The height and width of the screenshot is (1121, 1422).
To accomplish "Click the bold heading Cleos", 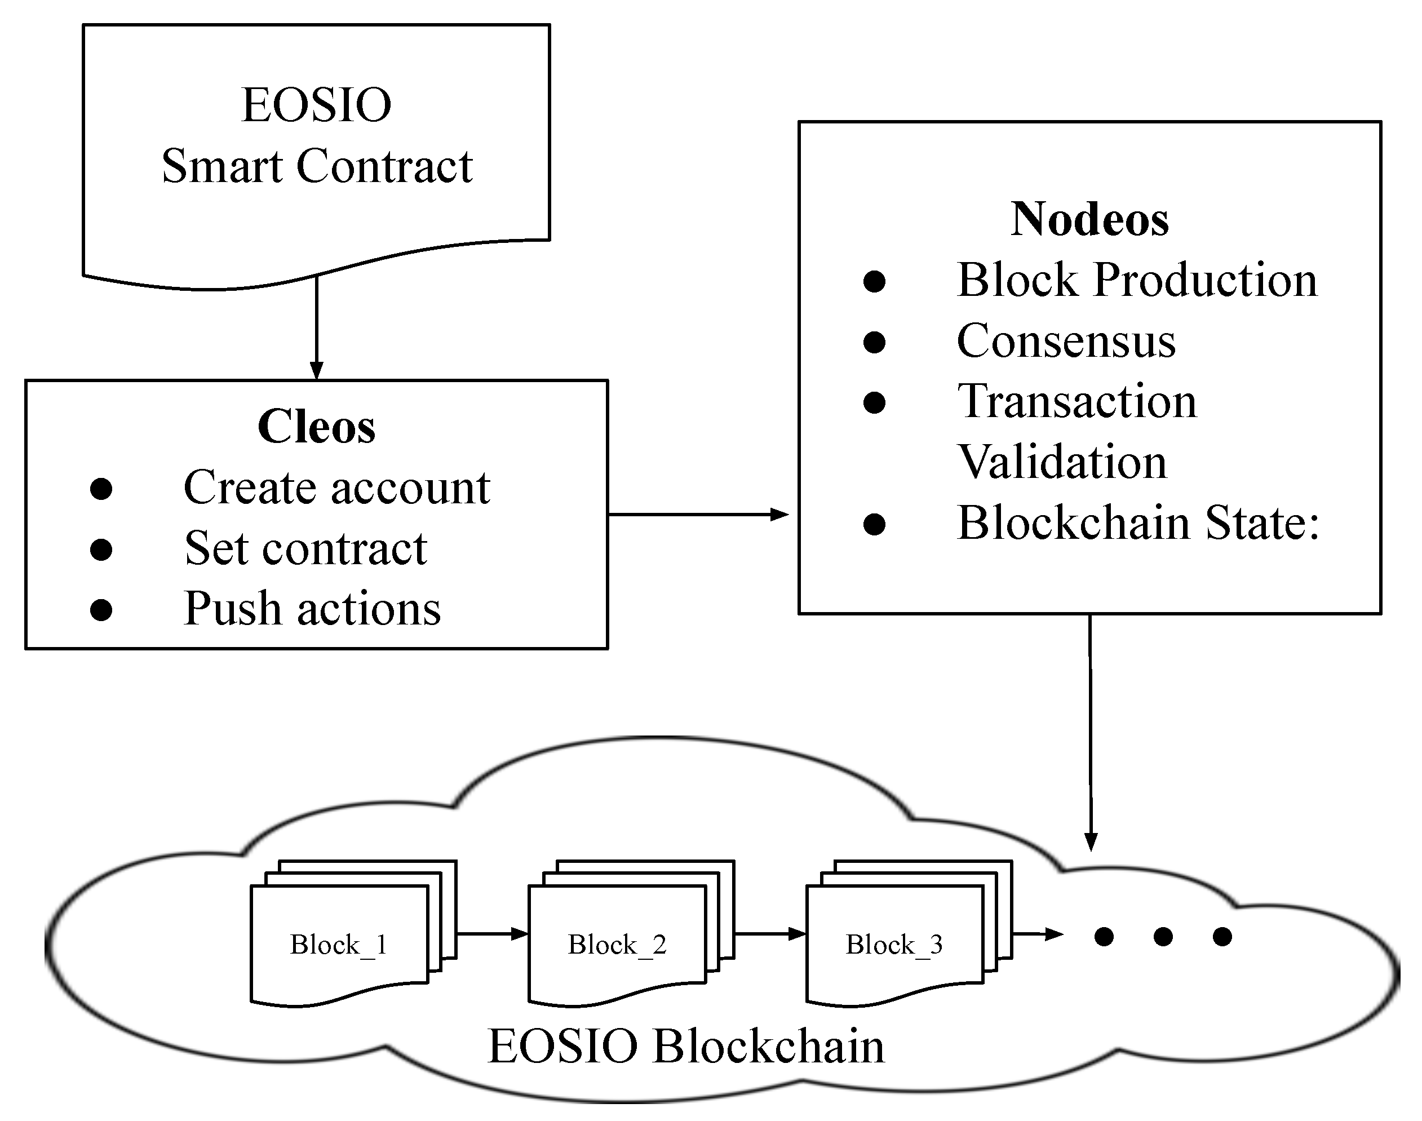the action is coord(316,427).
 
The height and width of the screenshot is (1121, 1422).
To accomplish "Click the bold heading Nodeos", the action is coord(1089,219).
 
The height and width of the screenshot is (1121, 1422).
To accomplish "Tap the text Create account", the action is coord(336,488).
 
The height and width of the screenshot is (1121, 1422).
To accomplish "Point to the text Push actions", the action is coord(312,609).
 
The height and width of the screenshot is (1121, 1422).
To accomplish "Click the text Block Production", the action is coord(1137,280).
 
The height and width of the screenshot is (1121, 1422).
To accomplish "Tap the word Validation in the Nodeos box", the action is coord(1062,462).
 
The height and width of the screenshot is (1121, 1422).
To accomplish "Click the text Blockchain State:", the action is coord(1139,523).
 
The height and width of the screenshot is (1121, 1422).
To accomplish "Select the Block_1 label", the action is coord(339,946).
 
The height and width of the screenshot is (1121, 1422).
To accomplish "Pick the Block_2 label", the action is coord(617,946).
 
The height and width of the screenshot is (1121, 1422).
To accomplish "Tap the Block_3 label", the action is coord(894,946).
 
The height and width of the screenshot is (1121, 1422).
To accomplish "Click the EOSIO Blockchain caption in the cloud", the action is coord(686,1047).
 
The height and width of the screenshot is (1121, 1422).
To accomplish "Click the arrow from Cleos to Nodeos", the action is coord(698,515).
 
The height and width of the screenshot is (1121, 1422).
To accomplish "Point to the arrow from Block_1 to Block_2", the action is coord(492,933).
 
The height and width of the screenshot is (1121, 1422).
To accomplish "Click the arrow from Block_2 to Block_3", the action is coord(770,933).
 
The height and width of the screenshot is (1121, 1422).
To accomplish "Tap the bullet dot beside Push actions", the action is coord(101,610).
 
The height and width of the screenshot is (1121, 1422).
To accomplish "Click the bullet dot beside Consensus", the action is coord(874,342).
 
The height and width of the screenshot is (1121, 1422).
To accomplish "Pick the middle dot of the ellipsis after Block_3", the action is coord(1163,937).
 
